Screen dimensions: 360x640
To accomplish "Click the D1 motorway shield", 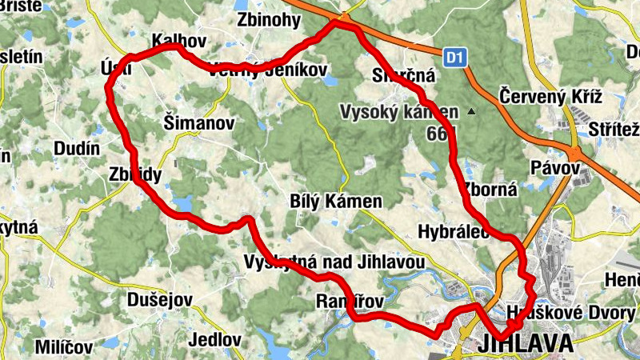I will (x=455, y=58).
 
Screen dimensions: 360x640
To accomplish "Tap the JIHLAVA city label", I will (x=528, y=344).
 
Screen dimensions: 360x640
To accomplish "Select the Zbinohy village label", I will (x=268, y=20).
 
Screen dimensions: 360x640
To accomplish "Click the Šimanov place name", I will (x=198, y=123).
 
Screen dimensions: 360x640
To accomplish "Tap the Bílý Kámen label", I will (x=336, y=202).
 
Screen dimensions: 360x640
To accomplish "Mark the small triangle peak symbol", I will (x=472, y=111).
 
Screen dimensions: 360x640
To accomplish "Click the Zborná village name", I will (x=490, y=190).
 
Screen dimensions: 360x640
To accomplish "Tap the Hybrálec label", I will (x=453, y=232).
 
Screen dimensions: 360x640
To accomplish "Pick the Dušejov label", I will (x=160, y=300).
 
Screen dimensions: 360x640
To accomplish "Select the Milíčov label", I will (x=64, y=347).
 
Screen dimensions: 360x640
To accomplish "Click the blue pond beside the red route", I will (x=182, y=203).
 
